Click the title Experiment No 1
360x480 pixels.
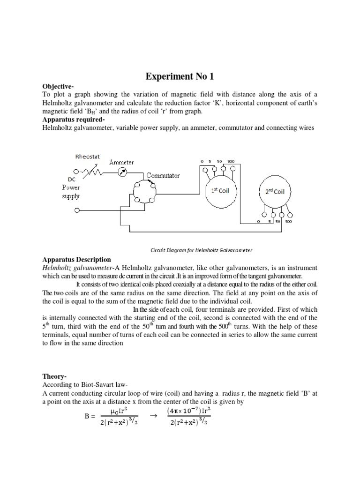coord(180,77)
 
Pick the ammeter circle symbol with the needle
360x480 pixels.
coord(122,173)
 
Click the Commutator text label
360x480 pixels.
coord(163,176)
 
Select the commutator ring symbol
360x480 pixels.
coord(143,192)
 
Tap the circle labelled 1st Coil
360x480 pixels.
coord(221,191)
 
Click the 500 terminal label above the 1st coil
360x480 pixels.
coord(231,161)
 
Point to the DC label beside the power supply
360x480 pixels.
coord(72,179)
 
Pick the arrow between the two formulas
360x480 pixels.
coord(151,415)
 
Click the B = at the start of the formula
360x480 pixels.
coord(88,415)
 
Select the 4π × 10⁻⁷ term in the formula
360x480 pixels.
coord(184,411)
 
